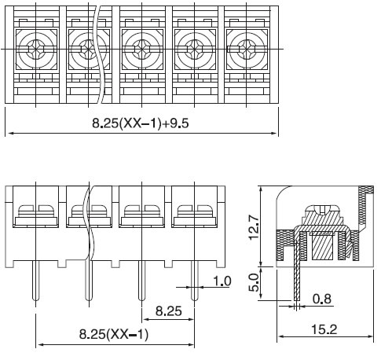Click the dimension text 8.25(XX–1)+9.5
(141, 123)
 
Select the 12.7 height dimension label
(254, 227)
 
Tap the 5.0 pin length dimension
(254, 282)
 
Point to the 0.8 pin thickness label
(322, 299)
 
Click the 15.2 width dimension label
(324, 329)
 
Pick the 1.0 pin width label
(222, 281)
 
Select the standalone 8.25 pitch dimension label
(169, 311)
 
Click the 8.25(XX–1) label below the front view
(114, 334)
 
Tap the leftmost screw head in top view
(35, 49)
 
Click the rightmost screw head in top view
(247, 49)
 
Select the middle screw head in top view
(142, 49)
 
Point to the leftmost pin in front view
(35, 281)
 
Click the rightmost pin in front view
(194, 281)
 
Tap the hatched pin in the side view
(297, 271)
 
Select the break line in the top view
(99, 53)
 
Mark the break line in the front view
(89, 223)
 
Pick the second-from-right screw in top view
(194, 49)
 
